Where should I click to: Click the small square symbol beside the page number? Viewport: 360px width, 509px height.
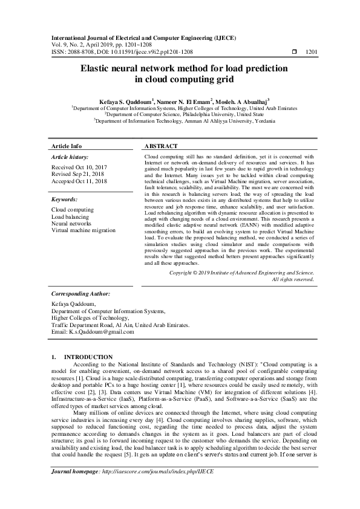[295, 52]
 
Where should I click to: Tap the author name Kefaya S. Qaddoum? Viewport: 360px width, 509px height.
[114, 101]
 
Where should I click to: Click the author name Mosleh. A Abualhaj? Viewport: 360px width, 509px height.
[240, 101]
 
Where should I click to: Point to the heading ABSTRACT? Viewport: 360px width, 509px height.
[161, 146]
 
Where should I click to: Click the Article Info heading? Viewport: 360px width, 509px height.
[67, 146]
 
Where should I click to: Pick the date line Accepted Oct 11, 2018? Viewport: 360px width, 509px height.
[80, 181]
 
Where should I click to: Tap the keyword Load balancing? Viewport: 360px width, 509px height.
[70, 216]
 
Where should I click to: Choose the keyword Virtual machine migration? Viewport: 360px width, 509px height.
[84, 230]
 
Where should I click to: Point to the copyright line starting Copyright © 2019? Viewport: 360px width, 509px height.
[241, 273]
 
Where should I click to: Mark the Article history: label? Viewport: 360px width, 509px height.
[70, 157]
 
